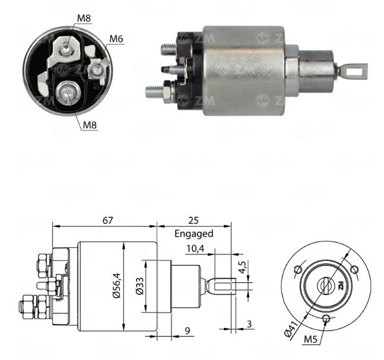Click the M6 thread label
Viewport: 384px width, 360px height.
116,39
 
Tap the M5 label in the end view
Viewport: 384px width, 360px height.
310,339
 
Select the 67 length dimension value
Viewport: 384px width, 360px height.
107,220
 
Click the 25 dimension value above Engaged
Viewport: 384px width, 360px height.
193,220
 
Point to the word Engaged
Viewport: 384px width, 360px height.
193,234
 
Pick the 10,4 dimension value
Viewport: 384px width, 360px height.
195,249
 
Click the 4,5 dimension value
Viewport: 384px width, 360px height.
242,267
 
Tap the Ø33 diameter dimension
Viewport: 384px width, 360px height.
140,286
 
